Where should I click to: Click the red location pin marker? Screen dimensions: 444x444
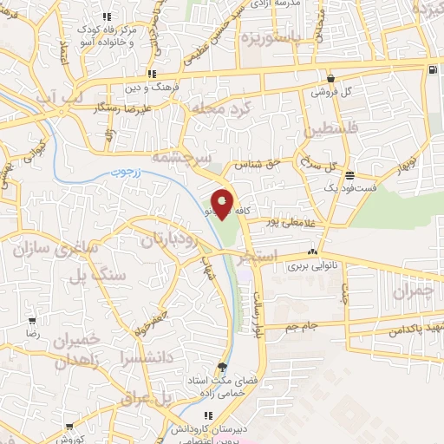click(x=223, y=205)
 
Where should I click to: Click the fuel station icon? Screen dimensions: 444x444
click(x=432, y=69)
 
